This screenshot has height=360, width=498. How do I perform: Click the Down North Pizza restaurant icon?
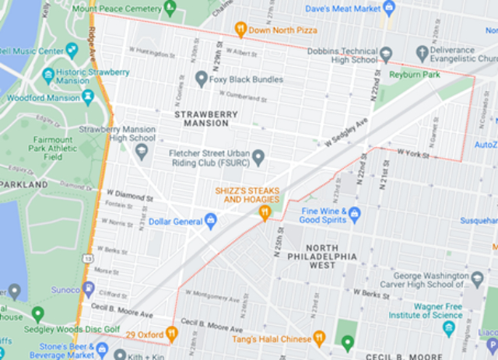[x=241, y=30]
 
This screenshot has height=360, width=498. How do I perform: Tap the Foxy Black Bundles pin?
[x=202, y=79]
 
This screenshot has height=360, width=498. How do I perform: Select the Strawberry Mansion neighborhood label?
[x=205, y=118]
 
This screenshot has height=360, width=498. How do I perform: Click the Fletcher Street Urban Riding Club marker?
[x=258, y=157]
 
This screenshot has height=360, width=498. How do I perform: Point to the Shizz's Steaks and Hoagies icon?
[x=265, y=211]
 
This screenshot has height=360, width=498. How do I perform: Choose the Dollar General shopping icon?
[x=211, y=222]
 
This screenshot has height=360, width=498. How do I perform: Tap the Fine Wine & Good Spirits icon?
[x=355, y=213]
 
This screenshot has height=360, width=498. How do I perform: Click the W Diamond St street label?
[x=129, y=193]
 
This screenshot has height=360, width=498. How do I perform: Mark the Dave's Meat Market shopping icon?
[x=391, y=8]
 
